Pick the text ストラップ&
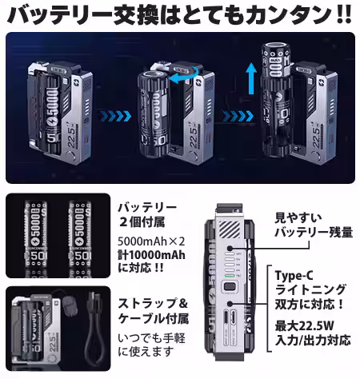[151, 304]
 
